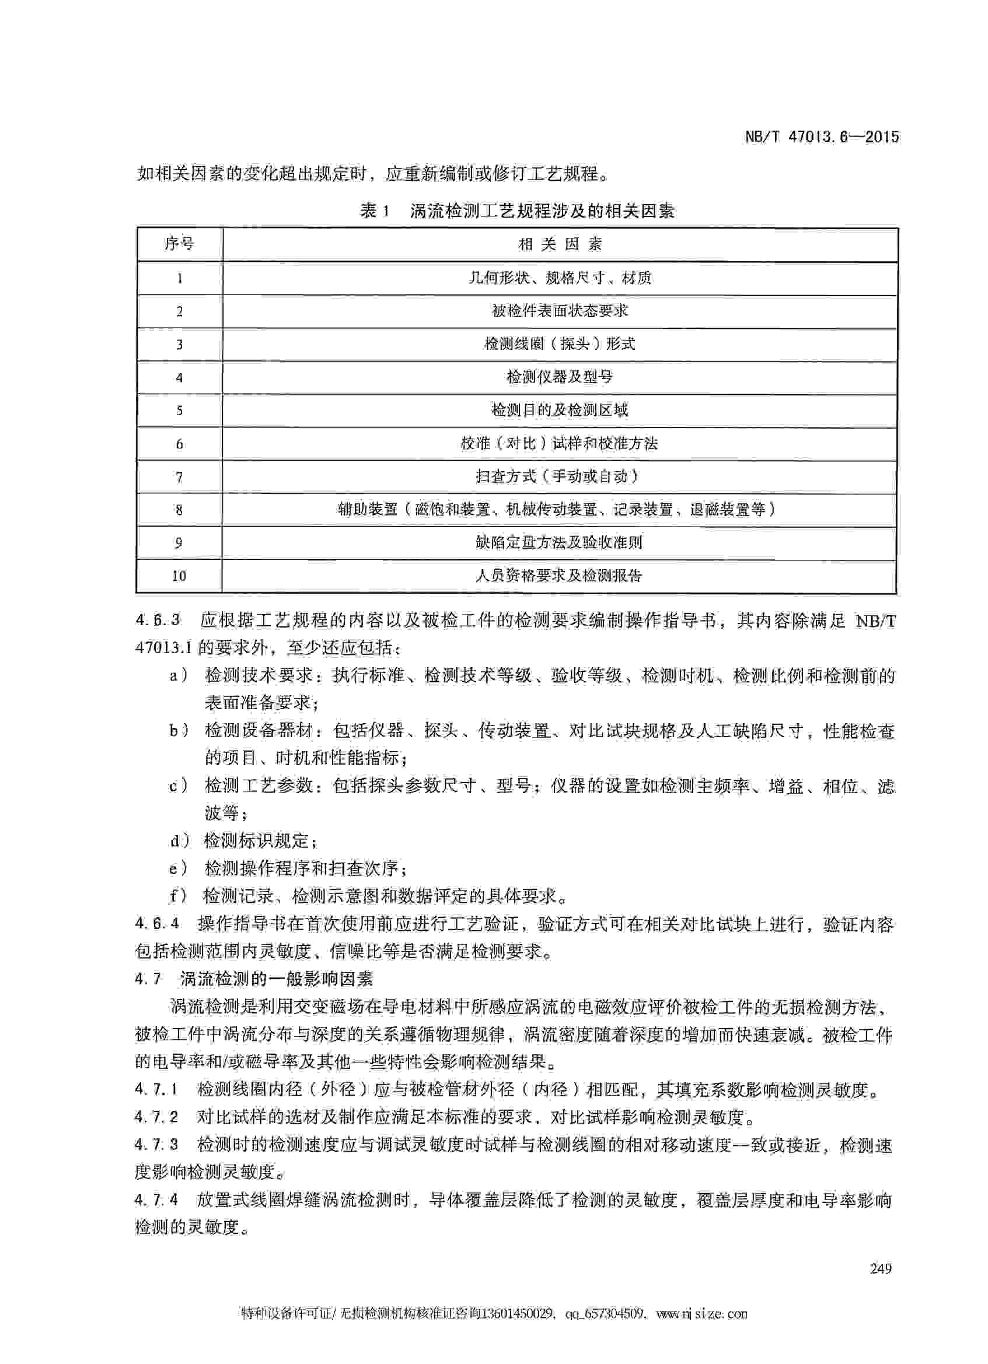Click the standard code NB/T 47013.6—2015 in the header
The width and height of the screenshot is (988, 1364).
(822, 136)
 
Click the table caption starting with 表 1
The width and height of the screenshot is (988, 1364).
(518, 211)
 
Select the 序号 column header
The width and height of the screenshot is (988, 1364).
(179, 244)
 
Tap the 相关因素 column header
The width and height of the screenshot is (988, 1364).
(560, 244)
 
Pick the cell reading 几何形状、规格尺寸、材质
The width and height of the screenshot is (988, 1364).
(560, 278)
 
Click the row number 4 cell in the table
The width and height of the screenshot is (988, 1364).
(179, 378)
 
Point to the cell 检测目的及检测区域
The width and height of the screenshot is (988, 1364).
(560, 410)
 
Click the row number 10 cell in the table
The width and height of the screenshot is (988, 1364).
(179, 576)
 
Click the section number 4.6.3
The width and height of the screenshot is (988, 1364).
(158, 619)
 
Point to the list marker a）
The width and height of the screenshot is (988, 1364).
(179, 675)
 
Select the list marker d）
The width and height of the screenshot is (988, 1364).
(179, 841)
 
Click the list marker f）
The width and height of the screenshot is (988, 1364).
(179, 896)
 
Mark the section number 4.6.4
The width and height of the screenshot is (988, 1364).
(158, 923)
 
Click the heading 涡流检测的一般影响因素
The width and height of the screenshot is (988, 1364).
(276, 979)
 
